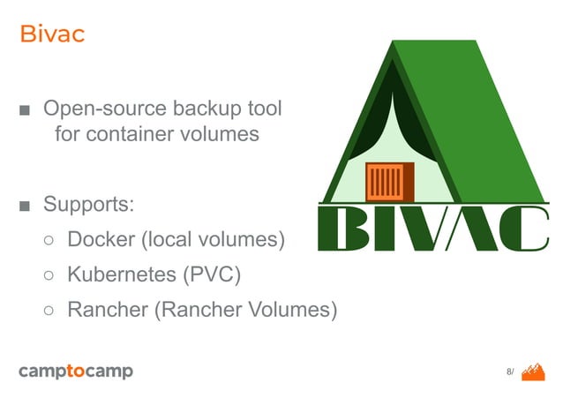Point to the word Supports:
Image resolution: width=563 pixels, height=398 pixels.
(x=88, y=206)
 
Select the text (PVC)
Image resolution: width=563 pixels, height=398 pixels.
(x=211, y=274)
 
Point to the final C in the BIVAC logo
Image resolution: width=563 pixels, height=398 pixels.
(x=522, y=228)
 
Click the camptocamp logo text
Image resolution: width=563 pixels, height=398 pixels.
(x=76, y=372)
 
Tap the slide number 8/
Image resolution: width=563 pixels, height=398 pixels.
(x=509, y=372)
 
